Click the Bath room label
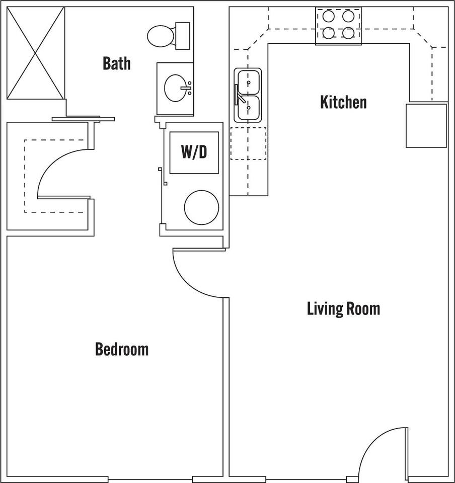pyautogui.click(x=116, y=63)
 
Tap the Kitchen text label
pyautogui.click(x=343, y=102)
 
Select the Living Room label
pyautogui.click(x=343, y=308)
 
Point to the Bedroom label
pyautogui.click(x=122, y=349)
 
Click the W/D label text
pyautogui.click(x=194, y=152)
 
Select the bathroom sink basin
pyautogui.click(x=176, y=88)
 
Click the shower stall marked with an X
pyautogui.click(x=36, y=53)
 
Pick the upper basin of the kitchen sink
pyautogui.click(x=249, y=80)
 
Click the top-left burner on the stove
pyautogui.click(x=329, y=17)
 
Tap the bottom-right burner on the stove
pyautogui.click(x=348, y=33)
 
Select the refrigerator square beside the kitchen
pyautogui.click(x=426, y=126)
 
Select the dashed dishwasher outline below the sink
pyautogui.click(x=248, y=143)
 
